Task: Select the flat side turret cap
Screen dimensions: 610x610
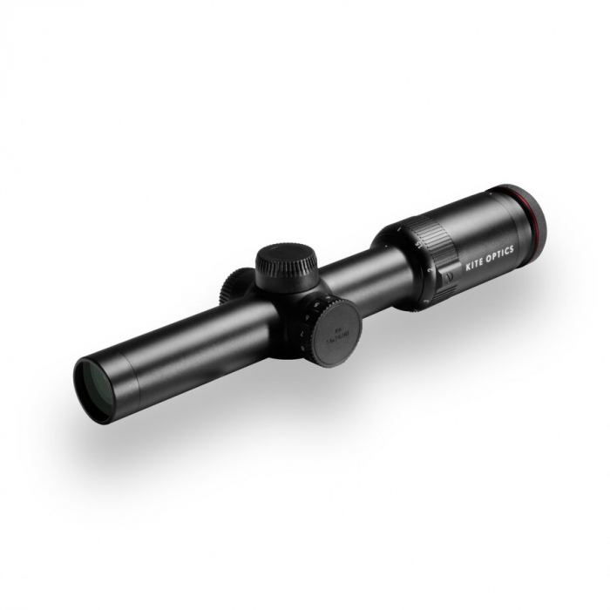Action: click(x=334, y=332)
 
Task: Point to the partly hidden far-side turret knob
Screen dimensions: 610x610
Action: click(x=233, y=285)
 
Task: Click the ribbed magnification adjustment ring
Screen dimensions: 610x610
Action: click(x=433, y=247)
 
